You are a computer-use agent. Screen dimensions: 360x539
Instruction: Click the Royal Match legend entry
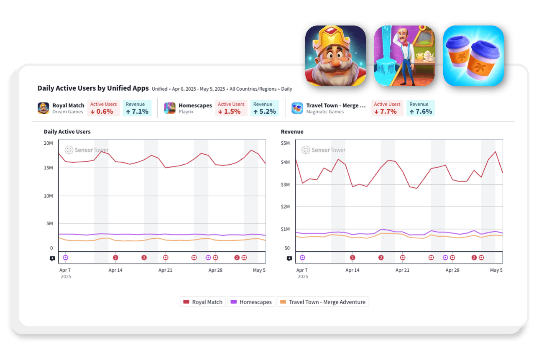click(x=203, y=302)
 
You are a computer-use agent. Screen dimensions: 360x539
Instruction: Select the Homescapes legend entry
click(x=251, y=302)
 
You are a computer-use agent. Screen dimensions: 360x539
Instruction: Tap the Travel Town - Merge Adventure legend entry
click(x=322, y=302)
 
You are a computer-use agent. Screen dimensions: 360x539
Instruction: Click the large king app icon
click(x=335, y=56)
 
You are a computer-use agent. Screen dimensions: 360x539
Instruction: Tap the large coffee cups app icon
click(x=473, y=56)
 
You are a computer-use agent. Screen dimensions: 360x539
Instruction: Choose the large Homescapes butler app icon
click(x=404, y=56)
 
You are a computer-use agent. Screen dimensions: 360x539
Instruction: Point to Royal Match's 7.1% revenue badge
click(x=137, y=108)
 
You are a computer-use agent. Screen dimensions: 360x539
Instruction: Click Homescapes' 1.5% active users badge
click(x=231, y=108)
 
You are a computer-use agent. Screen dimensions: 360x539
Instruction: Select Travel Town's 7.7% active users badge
click(x=387, y=108)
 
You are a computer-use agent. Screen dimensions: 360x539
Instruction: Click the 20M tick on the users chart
click(x=48, y=143)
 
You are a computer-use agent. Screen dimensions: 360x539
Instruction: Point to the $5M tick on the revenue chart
click(x=285, y=143)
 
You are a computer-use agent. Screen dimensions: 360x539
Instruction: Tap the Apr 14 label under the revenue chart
click(x=353, y=270)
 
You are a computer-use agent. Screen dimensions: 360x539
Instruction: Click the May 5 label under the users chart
click(x=259, y=270)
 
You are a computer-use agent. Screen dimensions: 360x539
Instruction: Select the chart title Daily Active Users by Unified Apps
click(x=93, y=88)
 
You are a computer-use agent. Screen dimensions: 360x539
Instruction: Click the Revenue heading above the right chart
click(x=292, y=132)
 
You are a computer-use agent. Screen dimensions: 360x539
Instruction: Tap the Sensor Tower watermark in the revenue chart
click(x=324, y=150)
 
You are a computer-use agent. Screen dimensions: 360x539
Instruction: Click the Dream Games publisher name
click(x=68, y=112)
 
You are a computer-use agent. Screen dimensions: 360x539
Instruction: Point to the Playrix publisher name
click(x=186, y=112)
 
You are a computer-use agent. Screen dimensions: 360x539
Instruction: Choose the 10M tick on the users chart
click(x=48, y=196)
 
